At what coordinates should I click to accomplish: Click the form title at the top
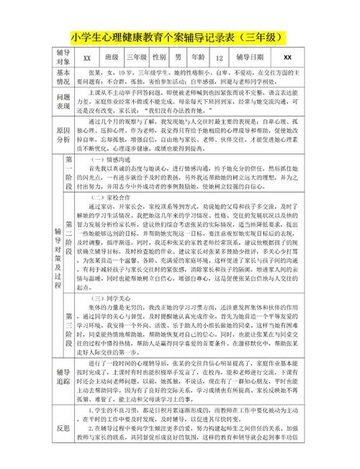180,37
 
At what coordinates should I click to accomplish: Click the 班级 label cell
112,58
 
